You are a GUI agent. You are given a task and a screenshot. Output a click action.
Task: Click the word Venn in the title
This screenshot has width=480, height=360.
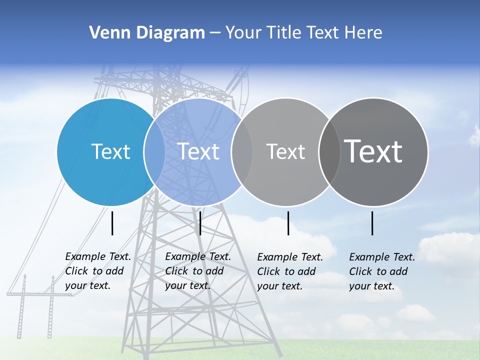(106, 33)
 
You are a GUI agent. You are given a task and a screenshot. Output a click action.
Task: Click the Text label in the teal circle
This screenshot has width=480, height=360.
(110, 151)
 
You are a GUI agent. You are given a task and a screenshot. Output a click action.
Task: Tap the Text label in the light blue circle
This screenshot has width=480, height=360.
(198, 151)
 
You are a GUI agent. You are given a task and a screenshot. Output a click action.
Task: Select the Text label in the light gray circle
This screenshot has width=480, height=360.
(285, 151)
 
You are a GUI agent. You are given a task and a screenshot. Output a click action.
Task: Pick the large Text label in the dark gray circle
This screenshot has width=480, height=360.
(373, 151)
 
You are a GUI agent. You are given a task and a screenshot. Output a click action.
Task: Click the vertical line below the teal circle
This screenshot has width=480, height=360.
(112, 223)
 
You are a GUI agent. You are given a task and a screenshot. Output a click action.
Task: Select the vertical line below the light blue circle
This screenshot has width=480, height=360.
(200, 223)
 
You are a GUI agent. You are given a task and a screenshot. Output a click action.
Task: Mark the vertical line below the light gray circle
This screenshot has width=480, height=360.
(288, 223)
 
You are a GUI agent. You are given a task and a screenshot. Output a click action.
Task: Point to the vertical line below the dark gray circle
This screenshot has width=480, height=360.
(372, 223)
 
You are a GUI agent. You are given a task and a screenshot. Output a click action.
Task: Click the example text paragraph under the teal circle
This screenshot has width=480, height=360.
(98, 271)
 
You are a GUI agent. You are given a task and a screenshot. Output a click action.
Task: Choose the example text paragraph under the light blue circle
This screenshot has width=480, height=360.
(198, 271)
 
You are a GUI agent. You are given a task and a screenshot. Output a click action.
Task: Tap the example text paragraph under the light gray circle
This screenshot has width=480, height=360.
(290, 271)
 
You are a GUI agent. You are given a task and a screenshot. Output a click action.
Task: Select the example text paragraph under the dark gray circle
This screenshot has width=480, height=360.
(382, 271)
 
